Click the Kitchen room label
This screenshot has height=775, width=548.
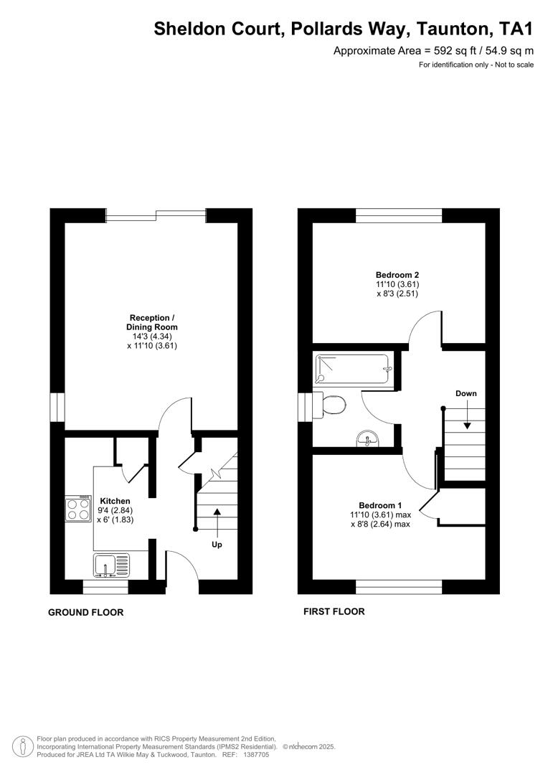click(x=115, y=501)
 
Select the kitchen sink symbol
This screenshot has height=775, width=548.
click(x=111, y=564)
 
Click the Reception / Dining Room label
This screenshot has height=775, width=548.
click(x=151, y=322)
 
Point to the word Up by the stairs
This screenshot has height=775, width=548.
click(x=217, y=545)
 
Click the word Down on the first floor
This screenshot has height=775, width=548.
click(x=466, y=393)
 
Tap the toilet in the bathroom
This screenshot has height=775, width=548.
click(x=334, y=405)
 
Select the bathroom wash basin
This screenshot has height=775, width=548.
click(x=370, y=438)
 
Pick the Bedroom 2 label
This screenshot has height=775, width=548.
click(x=397, y=275)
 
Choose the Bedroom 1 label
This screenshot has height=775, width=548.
click(x=380, y=504)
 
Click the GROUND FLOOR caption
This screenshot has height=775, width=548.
click(x=85, y=613)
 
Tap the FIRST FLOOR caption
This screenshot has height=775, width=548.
click(x=334, y=612)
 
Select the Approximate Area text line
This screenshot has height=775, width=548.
click(x=433, y=50)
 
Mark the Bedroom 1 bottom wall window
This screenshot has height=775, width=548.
click(x=399, y=587)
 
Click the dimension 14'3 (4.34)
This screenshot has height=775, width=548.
click(x=151, y=337)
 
